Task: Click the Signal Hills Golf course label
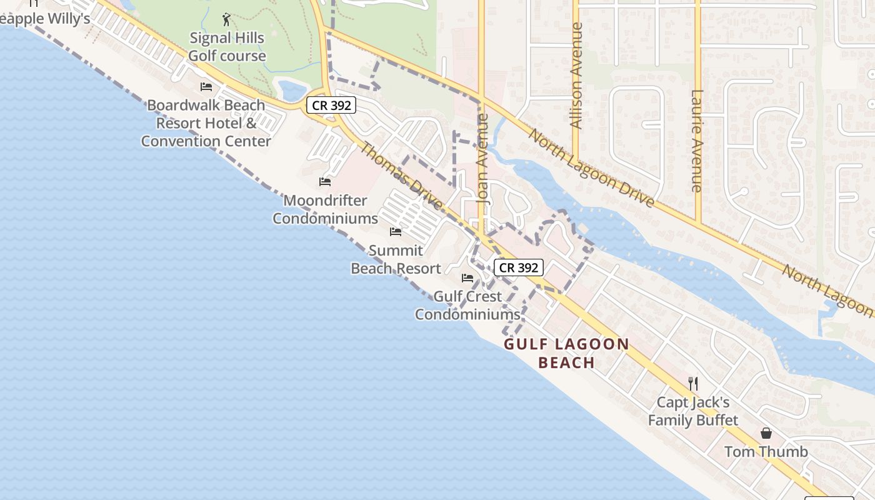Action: click(227, 47)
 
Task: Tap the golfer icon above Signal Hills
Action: click(226, 19)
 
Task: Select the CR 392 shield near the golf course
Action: click(331, 105)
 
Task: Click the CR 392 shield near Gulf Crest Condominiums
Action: click(519, 267)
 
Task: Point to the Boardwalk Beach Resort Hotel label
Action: click(206, 122)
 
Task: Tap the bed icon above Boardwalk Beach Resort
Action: click(206, 87)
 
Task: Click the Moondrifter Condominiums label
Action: click(325, 209)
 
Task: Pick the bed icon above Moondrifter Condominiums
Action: click(325, 182)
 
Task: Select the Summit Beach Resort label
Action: click(396, 259)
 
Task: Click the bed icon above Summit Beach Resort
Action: click(396, 232)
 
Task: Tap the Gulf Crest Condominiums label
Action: click(467, 305)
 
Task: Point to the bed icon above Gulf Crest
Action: click(467, 278)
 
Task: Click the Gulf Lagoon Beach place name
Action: click(566, 353)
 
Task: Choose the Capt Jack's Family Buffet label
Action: click(692, 411)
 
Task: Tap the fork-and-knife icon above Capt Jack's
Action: click(692, 383)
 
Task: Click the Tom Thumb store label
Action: click(766, 451)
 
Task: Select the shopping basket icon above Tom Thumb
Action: click(766, 433)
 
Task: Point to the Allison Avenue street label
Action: click(577, 76)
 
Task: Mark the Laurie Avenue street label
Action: click(697, 141)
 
